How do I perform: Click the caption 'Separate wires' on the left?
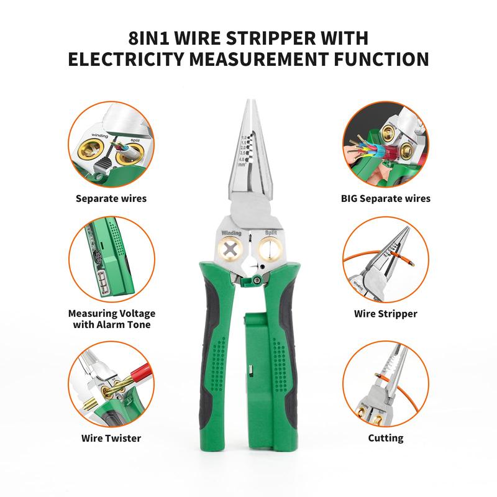111,199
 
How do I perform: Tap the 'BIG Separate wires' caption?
386,199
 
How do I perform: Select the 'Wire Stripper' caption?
386,314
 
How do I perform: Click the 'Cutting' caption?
386,438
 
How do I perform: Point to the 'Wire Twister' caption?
111,438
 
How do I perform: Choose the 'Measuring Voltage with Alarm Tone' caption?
111,319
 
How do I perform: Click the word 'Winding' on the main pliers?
231,233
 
